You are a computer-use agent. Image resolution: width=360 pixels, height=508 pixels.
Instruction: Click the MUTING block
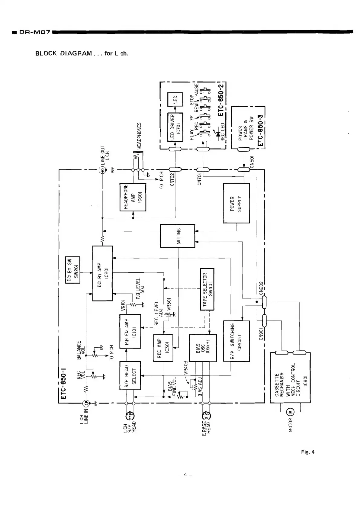pos(177,236)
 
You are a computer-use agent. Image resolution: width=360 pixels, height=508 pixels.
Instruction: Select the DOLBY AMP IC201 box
pos(102,273)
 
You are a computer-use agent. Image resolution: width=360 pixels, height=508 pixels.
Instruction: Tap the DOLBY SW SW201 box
pos(73,270)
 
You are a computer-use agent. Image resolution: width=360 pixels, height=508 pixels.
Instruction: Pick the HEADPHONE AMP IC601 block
pos(133,197)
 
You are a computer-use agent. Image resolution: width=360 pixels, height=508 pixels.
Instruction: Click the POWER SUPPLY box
pos(236,203)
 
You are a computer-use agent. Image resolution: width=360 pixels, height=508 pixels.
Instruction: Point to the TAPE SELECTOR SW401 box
pos(207,289)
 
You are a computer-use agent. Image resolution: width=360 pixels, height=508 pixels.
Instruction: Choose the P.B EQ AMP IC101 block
pos(130,332)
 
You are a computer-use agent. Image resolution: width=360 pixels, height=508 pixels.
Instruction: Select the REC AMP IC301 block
pos(163,348)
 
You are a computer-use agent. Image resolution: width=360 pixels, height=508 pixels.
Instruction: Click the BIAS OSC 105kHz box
pos(203,348)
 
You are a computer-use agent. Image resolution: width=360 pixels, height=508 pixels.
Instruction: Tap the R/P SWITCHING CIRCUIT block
pos(236,341)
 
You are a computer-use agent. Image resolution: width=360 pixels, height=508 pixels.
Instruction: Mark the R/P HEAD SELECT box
pos(130,375)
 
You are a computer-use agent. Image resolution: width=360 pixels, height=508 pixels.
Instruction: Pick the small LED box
pos(175,99)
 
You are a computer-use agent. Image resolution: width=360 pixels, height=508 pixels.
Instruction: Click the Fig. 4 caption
pos(308,452)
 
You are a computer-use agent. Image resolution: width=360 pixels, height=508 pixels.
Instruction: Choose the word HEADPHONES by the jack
pos(139,136)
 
